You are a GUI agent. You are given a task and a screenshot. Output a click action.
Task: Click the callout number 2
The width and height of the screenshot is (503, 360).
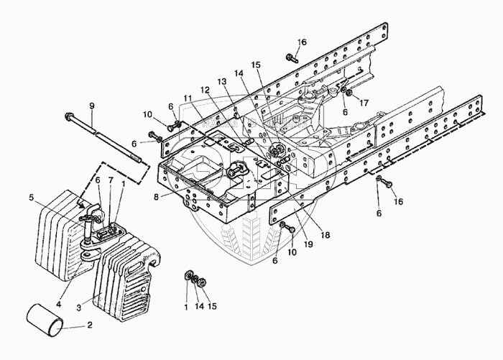[90, 325]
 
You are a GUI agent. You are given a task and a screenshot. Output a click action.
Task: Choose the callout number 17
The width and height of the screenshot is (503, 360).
[364, 103]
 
